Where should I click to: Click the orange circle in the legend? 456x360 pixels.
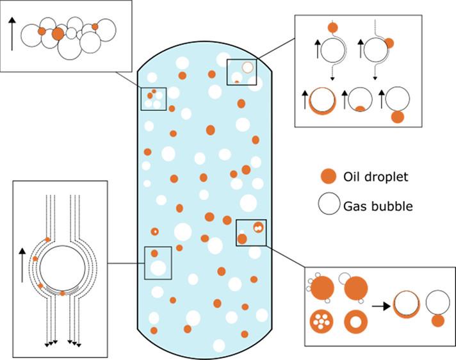pos(328,176)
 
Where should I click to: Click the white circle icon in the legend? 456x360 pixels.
pos(328,205)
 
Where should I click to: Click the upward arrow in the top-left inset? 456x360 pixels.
pos(12,35)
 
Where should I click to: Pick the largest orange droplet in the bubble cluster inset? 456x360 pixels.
pos(58,34)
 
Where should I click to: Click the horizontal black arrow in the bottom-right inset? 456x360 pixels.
pos(382,306)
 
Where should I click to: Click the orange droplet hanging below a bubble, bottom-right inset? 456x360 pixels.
pos(438,320)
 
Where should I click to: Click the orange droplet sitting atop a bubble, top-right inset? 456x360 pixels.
pos(332,28)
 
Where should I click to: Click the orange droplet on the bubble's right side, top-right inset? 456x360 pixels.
pos(389,44)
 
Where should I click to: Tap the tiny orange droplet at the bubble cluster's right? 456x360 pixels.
pos(95,27)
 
